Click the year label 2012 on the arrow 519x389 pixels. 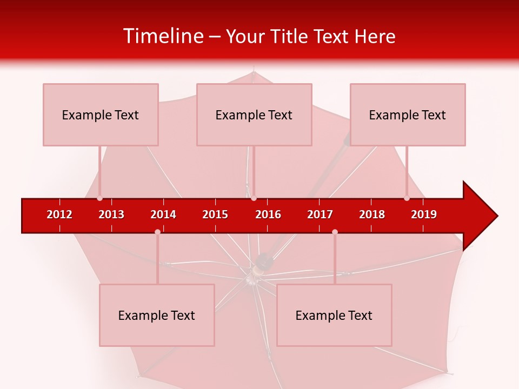tap(59, 214)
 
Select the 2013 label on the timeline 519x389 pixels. tap(111, 214)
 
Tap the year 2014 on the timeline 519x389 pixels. tap(163, 214)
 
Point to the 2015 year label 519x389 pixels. tap(215, 214)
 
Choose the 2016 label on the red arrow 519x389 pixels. tap(268, 214)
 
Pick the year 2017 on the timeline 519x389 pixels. tap(320, 214)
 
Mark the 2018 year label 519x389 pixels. tap(372, 214)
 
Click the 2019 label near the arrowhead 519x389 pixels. tap(424, 214)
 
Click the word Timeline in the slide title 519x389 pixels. tap(162, 36)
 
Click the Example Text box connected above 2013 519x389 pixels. tap(101, 115)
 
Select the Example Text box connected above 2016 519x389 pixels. tap(254, 115)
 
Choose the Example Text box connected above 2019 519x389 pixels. tap(408, 115)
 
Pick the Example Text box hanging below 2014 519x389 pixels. tap(157, 315)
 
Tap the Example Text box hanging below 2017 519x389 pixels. tap(334, 315)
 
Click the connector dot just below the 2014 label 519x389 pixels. tap(157, 232)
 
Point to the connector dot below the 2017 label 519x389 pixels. tap(335, 232)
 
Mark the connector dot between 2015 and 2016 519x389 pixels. tap(254, 198)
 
